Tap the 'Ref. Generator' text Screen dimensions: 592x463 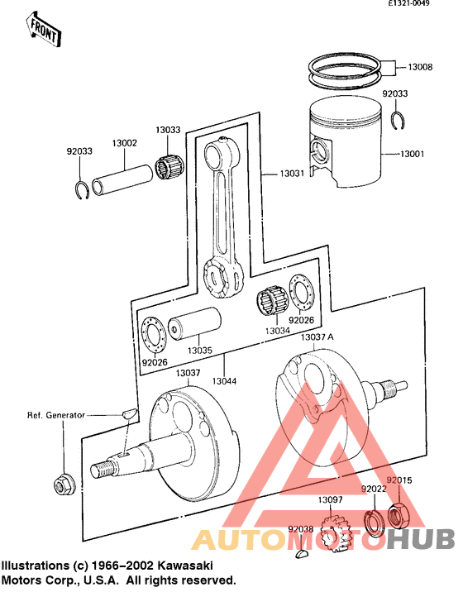(55, 415)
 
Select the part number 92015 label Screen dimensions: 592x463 (399, 480)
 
